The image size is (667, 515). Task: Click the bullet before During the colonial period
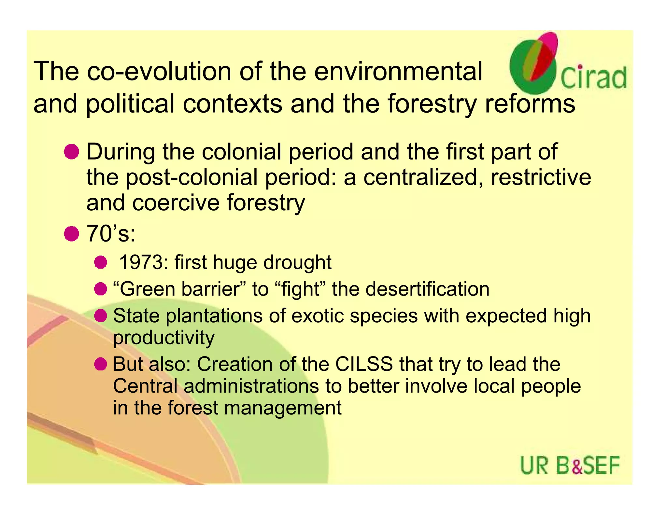click(71, 152)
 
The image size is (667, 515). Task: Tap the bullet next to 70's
click(71, 234)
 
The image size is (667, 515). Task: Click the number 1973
click(144, 262)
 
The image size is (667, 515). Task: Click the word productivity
click(163, 338)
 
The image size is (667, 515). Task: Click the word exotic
click(318, 316)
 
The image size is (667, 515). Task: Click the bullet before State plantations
click(101, 315)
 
